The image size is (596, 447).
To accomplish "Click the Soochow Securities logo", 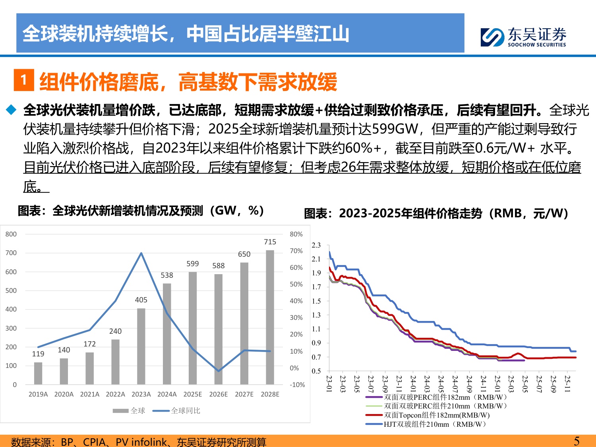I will tap(523, 37).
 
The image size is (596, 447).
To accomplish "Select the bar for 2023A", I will tap(141, 346).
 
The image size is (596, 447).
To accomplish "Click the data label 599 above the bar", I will tap(192, 264).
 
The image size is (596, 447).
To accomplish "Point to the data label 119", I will tap(38, 354).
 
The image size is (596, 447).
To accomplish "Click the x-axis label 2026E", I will tap(218, 394).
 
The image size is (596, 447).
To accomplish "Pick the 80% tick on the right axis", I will tap(296, 234).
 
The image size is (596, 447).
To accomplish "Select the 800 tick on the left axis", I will tap(11, 234).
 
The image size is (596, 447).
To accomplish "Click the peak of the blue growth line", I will tap(141, 253).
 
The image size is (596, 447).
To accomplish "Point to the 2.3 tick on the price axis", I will tap(316, 245).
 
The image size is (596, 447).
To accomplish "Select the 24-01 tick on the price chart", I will tap(413, 384).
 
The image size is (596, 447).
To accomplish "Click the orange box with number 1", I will tap(24, 80).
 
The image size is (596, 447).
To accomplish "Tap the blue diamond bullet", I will tap(11, 110).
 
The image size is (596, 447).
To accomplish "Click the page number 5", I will tap(577, 441).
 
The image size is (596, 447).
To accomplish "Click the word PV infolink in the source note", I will tap(141, 442).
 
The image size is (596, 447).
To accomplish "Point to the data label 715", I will tap(270, 242).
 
